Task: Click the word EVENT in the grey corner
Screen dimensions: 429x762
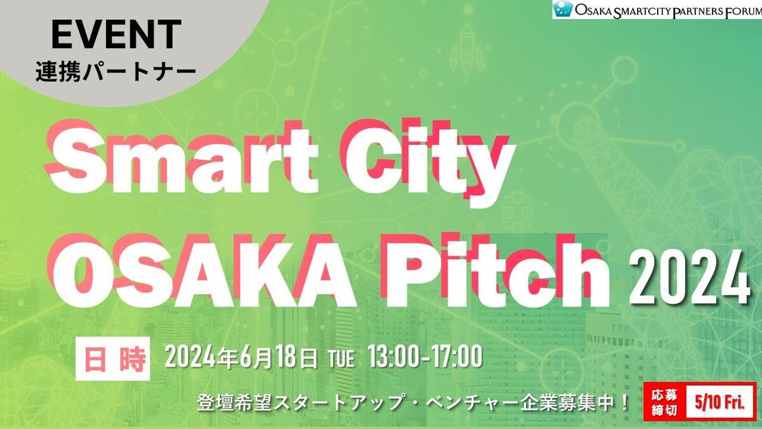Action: click(116, 35)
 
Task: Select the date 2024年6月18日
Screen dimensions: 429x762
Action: click(241, 358)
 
